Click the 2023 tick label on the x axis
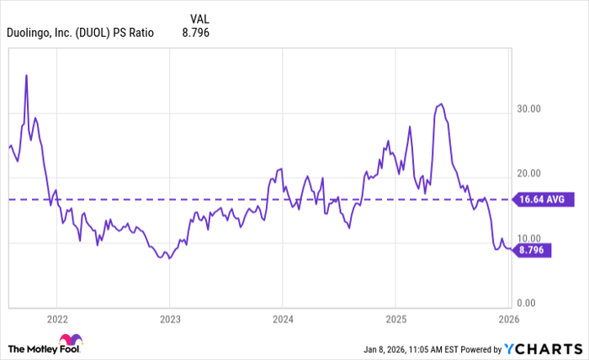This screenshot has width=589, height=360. [169, 319]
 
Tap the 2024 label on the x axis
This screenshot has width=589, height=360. [283, 319]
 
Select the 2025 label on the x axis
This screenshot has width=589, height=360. [395, 319]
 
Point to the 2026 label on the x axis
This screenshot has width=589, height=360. [508, 319]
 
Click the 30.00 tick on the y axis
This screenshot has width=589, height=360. [528, 109]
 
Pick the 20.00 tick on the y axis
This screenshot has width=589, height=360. [528, 173]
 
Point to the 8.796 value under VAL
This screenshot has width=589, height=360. [194, 33]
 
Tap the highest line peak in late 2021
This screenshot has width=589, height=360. [27, 75]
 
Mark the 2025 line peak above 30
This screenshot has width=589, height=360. [441, 104]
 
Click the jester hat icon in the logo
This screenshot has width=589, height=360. [77, 342]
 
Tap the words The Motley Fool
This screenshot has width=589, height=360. [38, 348]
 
